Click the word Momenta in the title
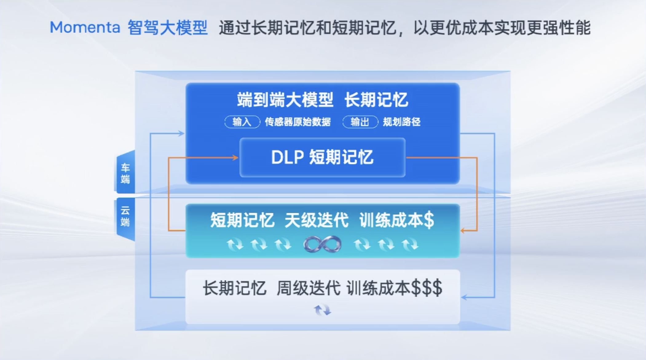(x=85, y=28)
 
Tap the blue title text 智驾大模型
(x=167, y=28)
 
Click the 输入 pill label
(x=242, y=122)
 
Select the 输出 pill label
(x=360, y=122)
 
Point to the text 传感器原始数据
(x=298, y=122)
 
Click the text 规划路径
(x=402, y=122)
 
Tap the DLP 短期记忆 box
(x=322, y=157)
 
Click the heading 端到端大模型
(x=285, y=100)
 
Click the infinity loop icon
(x=322, y=245)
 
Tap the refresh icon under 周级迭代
(x=322, y=310)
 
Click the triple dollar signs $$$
(x=427, y=288)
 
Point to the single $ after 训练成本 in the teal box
(x=429, y=220)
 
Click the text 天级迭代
(x=317, y=220)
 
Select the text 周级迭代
(x=309, y=288)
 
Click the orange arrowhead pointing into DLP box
(x=235, y=158)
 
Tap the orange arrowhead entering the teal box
(x=463, y=230)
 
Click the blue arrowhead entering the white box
(x=464, y=297)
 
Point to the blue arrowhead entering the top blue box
(x=181, y=133)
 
